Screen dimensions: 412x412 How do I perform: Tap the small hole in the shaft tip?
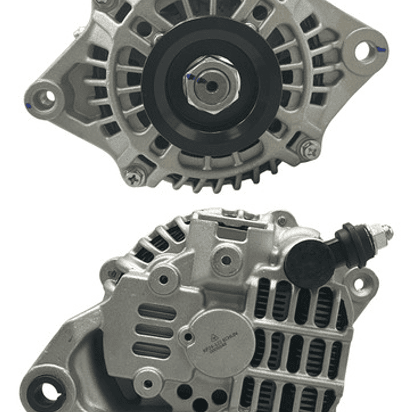click(211, 86)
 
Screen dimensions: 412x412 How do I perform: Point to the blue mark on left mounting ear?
click(29, 105)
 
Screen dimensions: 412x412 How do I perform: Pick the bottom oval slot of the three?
click(151, 349)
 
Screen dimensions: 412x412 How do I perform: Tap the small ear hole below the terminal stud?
click(359, 283)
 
